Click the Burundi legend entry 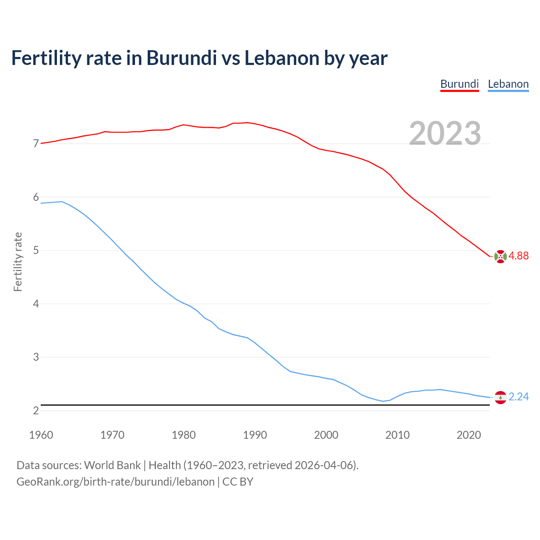point(459,84)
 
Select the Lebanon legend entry point(508,84)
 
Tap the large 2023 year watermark point(445,133)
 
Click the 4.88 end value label point(518,256)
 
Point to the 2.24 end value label point(518,397)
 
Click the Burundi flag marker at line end point(500,256)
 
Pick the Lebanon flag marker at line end point(500,397)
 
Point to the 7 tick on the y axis point(36,144)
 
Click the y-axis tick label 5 point(36,251)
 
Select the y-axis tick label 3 point(36,357)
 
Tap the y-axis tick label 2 point(36,410)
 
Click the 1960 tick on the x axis point(41,435)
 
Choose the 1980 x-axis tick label point(184,435)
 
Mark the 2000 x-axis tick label point(326,435)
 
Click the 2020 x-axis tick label point(469,435)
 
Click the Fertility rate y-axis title point(18,262)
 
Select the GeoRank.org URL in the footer point(115,482)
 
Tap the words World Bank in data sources point(112,465)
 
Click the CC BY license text point(238,482)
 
